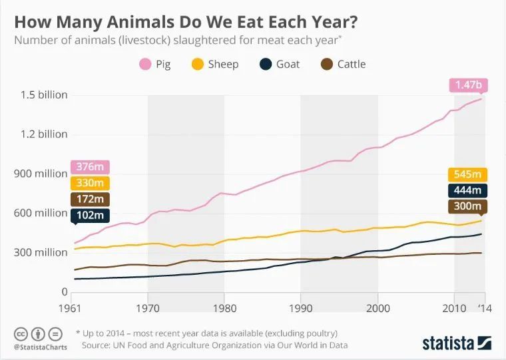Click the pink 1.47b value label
pos(468,85)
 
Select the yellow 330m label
pos(89,183)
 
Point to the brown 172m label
pos(89,199)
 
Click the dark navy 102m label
pos(89,215)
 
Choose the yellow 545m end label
pos(467,174)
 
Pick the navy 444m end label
pos(467,191)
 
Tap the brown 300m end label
pos(467,207)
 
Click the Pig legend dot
pos(144,65)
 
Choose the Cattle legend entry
pos(344,65)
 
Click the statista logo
pos(456,342)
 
